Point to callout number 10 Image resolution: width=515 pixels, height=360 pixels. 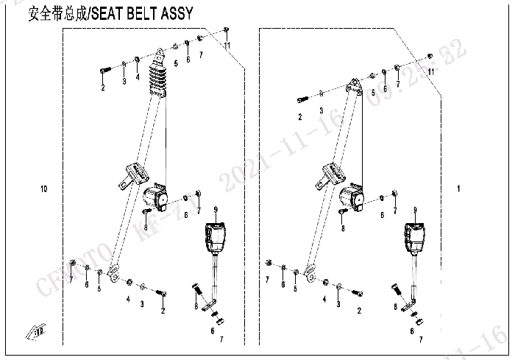click(44, 190)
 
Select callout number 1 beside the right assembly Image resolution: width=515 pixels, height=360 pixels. click(458, 190)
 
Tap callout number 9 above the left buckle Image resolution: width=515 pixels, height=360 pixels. click(216, 212)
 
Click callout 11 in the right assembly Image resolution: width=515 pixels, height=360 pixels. click(431, 71)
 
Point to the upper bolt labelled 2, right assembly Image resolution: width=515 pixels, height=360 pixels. click(301, 98)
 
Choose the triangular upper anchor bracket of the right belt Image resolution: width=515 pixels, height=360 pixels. click(355, 88)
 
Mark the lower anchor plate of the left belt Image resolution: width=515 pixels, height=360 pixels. click(112, 274)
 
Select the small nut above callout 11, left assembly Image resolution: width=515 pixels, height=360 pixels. click(225, 30)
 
